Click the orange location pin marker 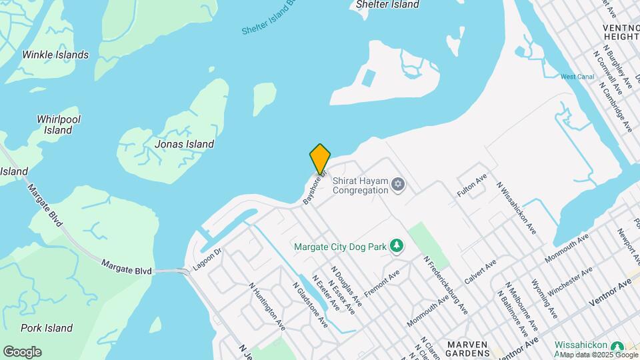pos(320,159)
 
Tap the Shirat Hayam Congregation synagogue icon pos(398,184)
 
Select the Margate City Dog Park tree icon pos(397,246)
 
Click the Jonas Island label pos(184,144)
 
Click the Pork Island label pos(47,328)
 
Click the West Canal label pos(577,77)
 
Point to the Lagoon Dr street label pos(207,259)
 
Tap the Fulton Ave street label pos(472,184)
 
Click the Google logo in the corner pos(22,351)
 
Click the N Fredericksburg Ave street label pos(445,284)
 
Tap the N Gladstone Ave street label pos(310,304)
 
